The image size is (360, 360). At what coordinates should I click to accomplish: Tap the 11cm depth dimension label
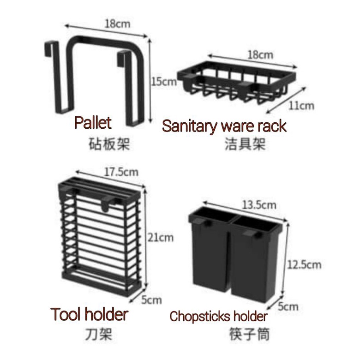coord(302,106)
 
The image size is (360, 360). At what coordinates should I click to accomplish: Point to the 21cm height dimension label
coord(160,238)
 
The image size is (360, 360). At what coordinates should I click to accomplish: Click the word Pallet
coord(93,123)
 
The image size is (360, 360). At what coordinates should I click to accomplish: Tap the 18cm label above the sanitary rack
coord(259,55)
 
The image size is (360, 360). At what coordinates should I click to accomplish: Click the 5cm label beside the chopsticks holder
coord(288,306)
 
